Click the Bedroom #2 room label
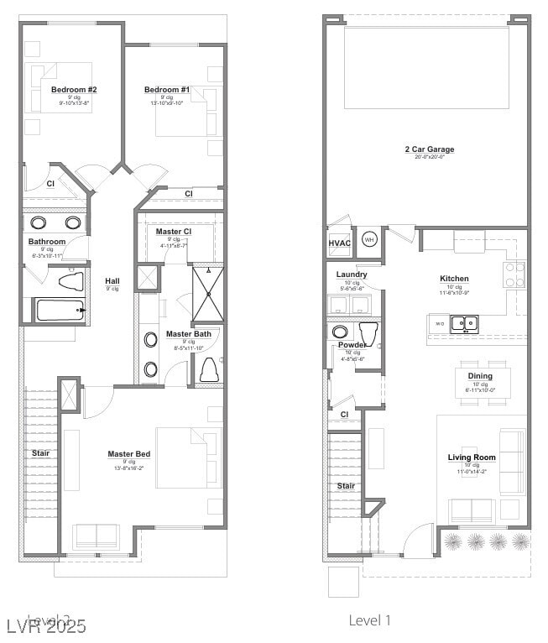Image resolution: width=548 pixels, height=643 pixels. coord(74,90)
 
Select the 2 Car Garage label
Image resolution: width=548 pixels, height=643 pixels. coord(429,149)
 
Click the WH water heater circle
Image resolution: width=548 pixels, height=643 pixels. coord(369,239)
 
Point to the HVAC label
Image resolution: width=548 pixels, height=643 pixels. coord(339,243)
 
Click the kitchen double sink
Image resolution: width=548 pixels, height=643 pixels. coord(463,323)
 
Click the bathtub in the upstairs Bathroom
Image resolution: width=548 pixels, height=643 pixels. coord(60,310)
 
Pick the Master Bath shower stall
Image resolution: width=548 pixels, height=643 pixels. coord(207,294)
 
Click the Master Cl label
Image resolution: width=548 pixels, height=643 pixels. coord(174,232)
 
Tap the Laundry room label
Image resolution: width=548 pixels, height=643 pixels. coord(352,274)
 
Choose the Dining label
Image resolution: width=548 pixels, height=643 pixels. coord(480,376)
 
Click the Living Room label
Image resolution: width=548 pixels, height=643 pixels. coord(472,457)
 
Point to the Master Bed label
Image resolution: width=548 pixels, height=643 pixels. coord(128,454)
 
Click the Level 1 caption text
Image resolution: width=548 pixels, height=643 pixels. coord(370,620)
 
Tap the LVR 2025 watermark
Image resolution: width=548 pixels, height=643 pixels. coord(45,625)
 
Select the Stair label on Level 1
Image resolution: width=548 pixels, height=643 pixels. coord(346,486)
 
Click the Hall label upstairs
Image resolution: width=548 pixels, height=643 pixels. coord(112,280)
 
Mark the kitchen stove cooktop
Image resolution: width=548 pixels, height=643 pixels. coord(514,274)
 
